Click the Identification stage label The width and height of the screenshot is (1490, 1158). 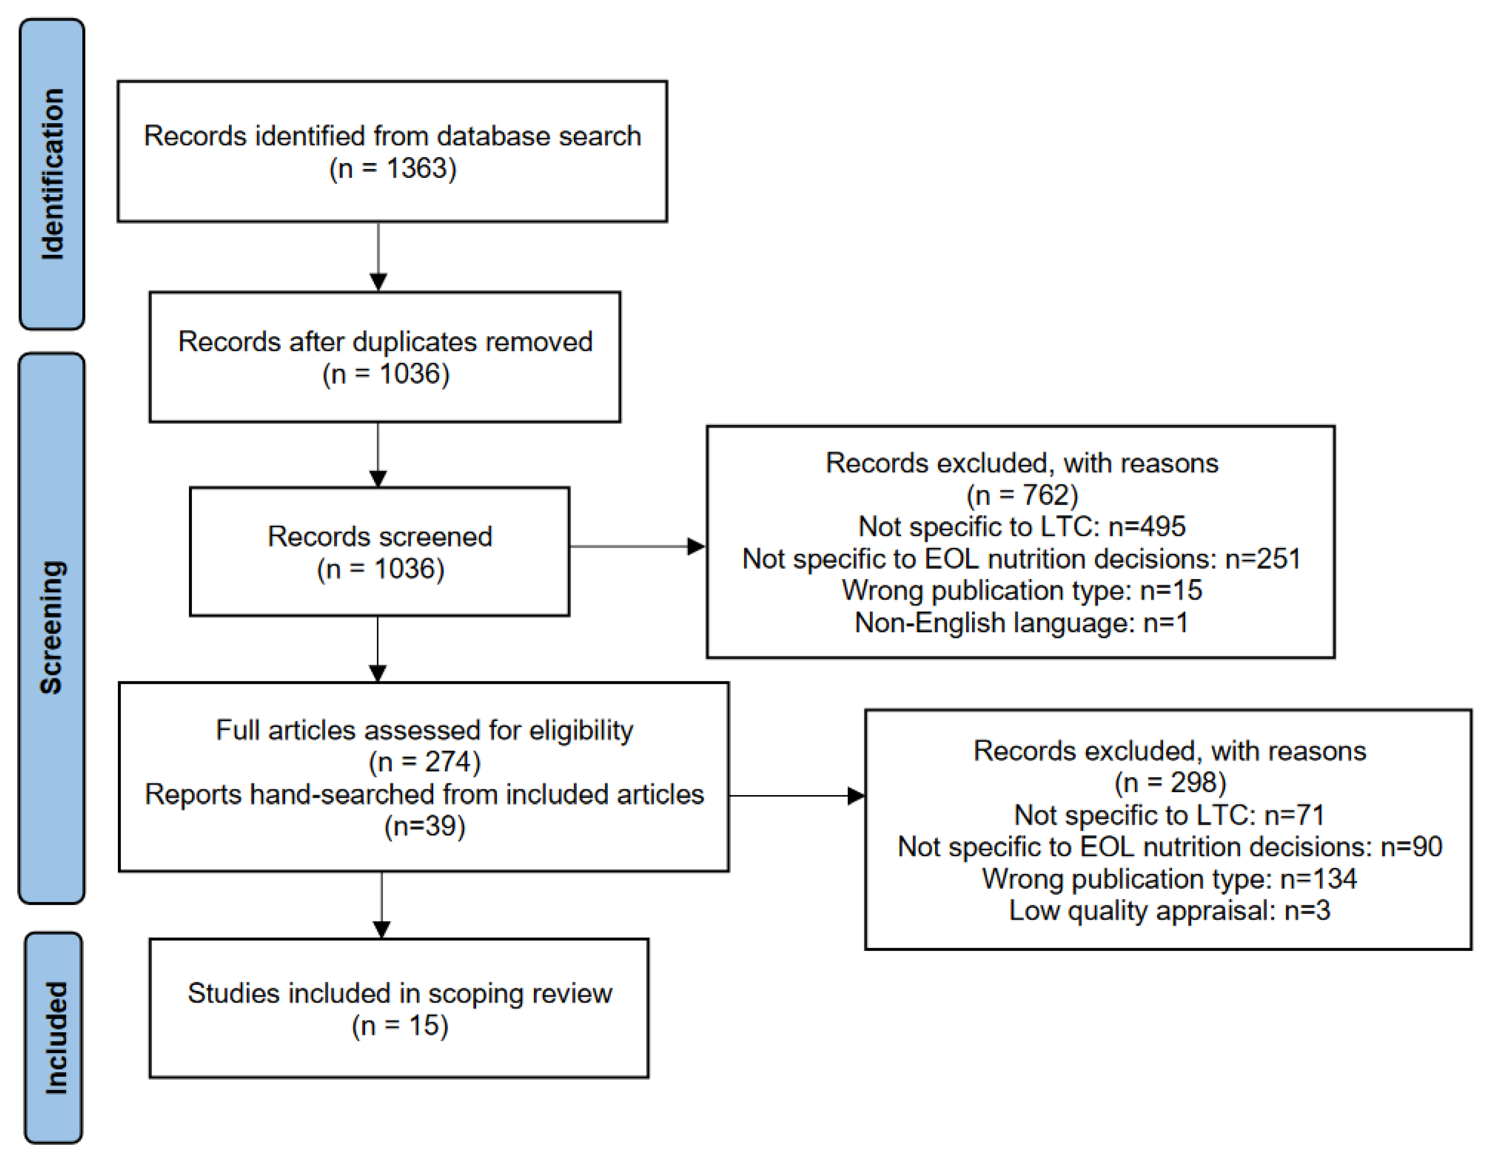tap(52, 174)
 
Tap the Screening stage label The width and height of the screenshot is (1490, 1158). tap(52, 627)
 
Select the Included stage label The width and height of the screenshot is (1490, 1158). tap(54, 1038)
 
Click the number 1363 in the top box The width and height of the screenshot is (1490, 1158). tap(421, 168)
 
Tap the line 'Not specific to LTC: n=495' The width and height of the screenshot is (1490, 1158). tap(1021, 527)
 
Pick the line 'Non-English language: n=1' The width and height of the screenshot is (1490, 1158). tap(1021, 623)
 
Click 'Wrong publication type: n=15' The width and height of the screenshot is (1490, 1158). tap(1021, 590)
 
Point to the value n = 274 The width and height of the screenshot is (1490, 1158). tap(424, 762)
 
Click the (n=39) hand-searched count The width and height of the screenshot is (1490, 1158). tap(424, 826)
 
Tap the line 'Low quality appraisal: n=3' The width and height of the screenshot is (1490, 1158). tap(1169, 911)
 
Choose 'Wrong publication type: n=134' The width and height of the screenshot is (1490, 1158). tap(1169, 879)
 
